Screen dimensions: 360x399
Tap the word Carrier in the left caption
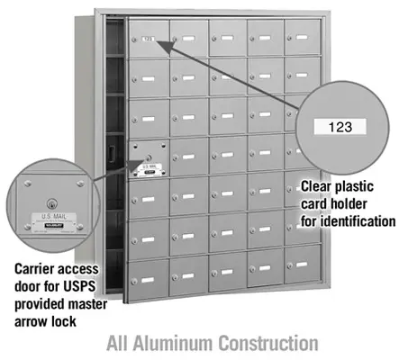39,269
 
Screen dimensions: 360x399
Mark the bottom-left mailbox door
149,271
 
